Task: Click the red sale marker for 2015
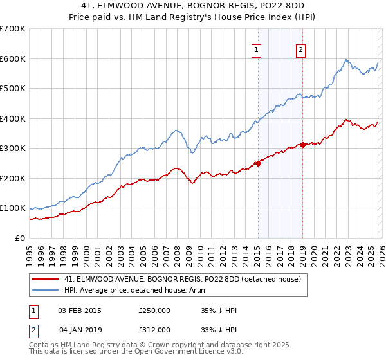point(258,163)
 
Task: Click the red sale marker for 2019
point(302,145)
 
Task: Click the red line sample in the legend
point(46,279)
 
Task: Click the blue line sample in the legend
point(46,290)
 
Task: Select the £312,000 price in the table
point(154,329)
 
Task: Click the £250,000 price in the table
point(154,310)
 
